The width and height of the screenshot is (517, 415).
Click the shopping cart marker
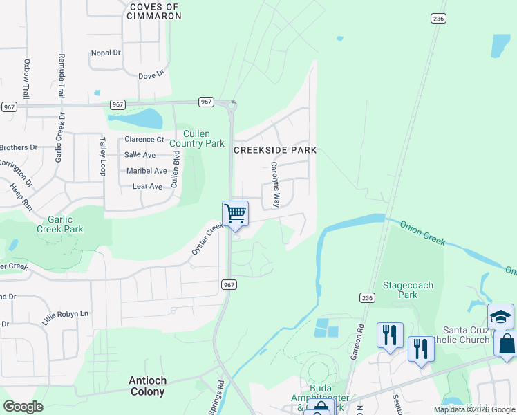pyautogui.click(x=235, y=213)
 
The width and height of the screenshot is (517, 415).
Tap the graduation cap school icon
pyautogui.click(x=500, y=317)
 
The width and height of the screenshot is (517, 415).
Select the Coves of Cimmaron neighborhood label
pyautogui.click(x=154, y=11)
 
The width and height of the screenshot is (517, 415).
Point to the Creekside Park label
pyautogui.click(x=275, y=150)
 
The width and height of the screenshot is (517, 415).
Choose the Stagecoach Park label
pyautogui.click(x=408, y=289)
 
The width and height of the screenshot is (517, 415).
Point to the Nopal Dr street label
pyautogui.click(x=106, y=53)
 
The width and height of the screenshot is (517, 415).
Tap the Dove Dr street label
pyautogui.click(x=151, y=75)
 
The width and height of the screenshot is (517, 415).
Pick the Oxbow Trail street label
pyautogui.click(x=27, y=79)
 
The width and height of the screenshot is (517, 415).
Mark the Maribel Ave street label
pyautogui.click(x=147, y=171)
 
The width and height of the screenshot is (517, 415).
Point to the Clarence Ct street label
pyautogui.click(x=144, y=140)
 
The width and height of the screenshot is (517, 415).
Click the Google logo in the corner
pyautogui.click(x=23, y=406)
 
